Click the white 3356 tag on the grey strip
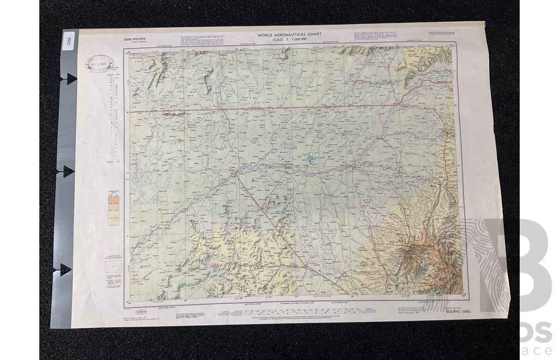tap(67, 43)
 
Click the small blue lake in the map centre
tap(311, 160)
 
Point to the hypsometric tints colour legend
tap(114, 210)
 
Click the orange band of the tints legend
tap(114, 201)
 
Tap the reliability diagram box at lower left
tap(114, 266)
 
